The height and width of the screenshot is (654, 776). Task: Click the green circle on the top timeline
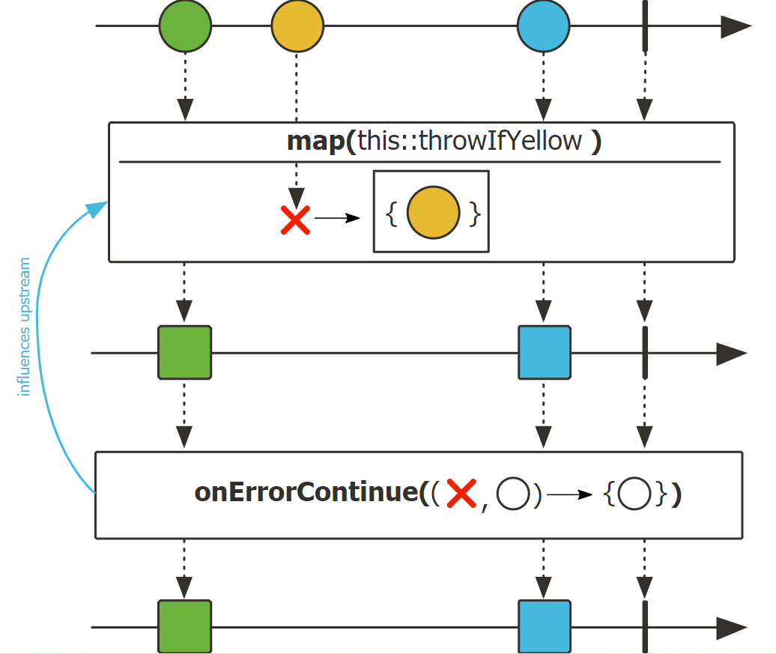point(185,26)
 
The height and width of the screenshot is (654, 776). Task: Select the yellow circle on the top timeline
point(297,26)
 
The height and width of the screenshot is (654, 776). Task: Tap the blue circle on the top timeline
point(543,26)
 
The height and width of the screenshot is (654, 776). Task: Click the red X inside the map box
point(296,219)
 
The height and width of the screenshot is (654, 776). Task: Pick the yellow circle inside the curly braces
point(433,214)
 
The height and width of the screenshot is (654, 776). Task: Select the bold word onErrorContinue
point(306,494)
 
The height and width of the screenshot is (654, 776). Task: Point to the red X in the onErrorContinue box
point(461,494)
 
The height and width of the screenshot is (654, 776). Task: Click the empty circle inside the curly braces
point(634,495)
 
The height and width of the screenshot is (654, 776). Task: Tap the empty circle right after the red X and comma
point(514,495)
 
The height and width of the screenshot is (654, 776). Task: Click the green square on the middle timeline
point(185,352)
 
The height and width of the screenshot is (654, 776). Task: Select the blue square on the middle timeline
point(545,352)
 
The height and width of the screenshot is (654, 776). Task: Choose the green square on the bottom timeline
point(185,626)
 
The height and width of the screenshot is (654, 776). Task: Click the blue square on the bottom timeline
point(545,626)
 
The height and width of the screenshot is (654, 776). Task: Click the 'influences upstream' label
point(25,327)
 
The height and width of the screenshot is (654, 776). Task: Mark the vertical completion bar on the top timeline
point(645,26)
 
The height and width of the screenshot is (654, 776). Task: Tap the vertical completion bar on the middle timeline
point(645,352)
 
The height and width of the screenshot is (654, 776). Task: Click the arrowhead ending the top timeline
point(735,26)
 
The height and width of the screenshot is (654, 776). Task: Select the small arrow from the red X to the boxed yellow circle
point(337,218)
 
